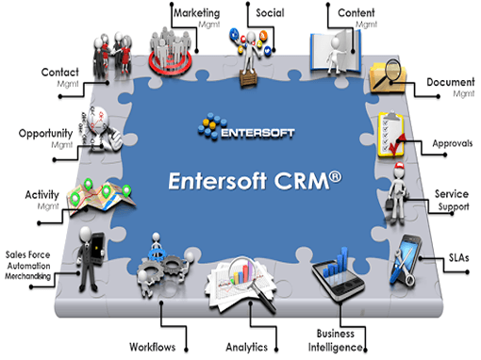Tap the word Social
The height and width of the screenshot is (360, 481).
(269, 13)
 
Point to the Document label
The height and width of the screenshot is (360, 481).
(450, 83)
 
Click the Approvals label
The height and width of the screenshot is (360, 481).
(452, 143)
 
